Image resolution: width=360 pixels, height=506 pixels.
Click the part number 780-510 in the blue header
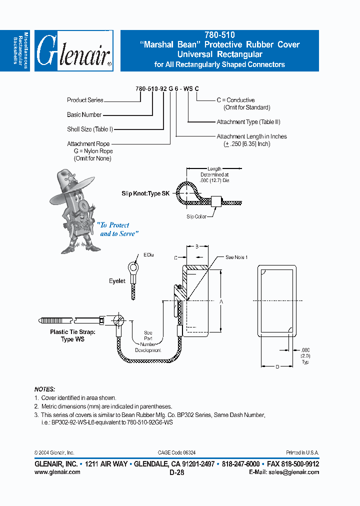pyautogui.click(x=219, y=35)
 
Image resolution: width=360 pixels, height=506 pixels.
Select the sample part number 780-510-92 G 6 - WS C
pyautogui.click(x=167, y=88)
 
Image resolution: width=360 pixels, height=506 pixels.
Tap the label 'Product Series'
pyautogui.click(x=85, y=100)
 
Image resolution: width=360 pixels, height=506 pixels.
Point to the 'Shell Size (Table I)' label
pyautogui.click(x=90, y=129)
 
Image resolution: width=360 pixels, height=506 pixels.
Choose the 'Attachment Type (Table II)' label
pyautogui.click(x=248, y=122)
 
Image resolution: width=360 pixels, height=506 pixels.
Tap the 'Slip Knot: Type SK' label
pyautogui.click(x=145, y=193)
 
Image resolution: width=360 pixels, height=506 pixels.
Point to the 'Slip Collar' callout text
pyautogui.click(x=196, y=216)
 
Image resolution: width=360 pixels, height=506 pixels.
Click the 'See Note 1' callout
pyautogui.click(x=236, y=257)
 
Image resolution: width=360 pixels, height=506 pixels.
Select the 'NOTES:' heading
pyautogui.click(x=44, y=389)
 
